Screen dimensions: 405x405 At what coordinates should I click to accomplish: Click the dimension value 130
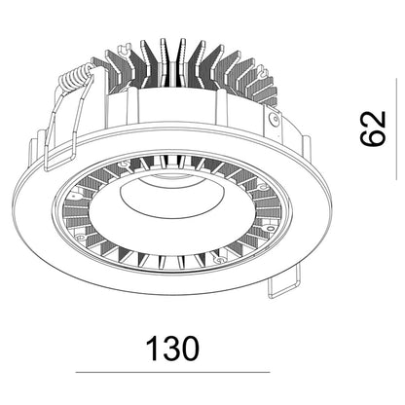coord(171,349)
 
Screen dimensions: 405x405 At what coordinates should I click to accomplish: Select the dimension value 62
coord(373,129)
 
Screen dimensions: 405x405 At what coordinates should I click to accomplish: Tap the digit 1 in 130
coord(152,349)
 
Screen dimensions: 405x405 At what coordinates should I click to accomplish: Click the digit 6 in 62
coord(373,137)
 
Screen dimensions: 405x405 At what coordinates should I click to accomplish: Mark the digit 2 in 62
coord(373,120)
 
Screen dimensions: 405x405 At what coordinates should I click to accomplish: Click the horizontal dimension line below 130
coord(172,372)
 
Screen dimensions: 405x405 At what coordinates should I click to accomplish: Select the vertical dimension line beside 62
coord(396,129)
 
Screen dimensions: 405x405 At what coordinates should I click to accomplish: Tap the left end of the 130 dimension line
coord(76,372)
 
